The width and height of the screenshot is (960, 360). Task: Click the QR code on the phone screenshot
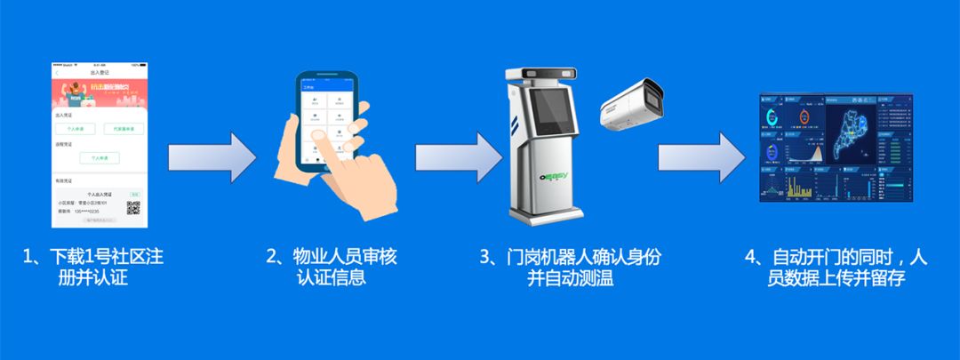pyautogui.click(x=133, y=209)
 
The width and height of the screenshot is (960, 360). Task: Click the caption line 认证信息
pyautogui.click(x=332, y=278)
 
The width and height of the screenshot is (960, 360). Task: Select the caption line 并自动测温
pyautogui.click(x=570, y=278)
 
